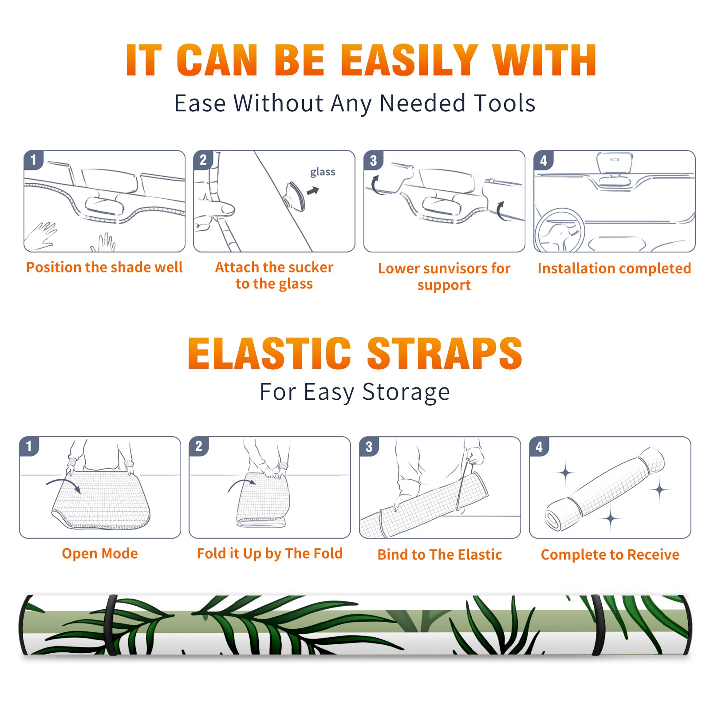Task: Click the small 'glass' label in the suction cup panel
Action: click(323, 172)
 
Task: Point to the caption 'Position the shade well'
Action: click(104, 267)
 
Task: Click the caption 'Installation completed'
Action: click(614, 268)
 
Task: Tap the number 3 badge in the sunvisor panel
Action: click(373, 160)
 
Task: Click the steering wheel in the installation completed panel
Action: click(560, 231)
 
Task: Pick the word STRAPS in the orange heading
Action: click(445, 353)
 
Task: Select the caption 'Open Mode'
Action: click(100, 553)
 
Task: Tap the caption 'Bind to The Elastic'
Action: click(439, 555)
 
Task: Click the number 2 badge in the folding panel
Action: click(198, 446)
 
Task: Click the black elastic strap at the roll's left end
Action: click(110, 625)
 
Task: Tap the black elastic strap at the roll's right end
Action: click(599, 625)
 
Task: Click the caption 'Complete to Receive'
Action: click(610, 555)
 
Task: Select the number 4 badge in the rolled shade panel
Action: click(539, 446)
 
